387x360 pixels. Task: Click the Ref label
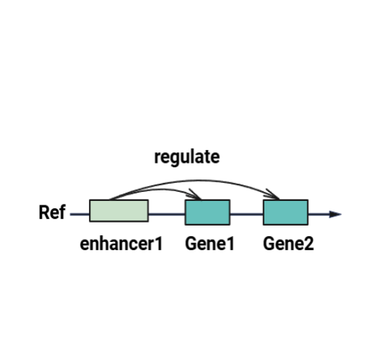tap(52, 212)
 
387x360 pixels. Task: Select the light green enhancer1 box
tap(119, 211)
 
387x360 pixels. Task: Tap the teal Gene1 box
tap(208, 212)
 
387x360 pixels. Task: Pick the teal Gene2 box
tap(285, 212)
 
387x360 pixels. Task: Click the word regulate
tap(187, 158)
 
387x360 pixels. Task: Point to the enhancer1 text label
tap(121, 243)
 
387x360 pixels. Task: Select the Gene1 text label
tap(210, 243)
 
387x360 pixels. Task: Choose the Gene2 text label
tap(288, 243)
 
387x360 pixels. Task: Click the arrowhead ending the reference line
tap(335, 214)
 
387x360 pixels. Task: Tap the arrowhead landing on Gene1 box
tap(196, 196)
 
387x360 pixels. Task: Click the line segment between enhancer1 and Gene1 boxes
tap(167, 214)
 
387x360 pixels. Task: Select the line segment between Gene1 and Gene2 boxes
tap(247, 214)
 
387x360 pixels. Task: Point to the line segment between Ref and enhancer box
tap(80, 214)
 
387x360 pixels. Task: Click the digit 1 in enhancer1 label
tap(158, 243)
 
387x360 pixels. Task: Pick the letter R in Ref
tap(44, 212)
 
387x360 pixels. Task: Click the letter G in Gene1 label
tap(191, 243)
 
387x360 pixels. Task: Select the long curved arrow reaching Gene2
tap(198, 180)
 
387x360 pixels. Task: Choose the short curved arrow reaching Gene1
tap(159, 190)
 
